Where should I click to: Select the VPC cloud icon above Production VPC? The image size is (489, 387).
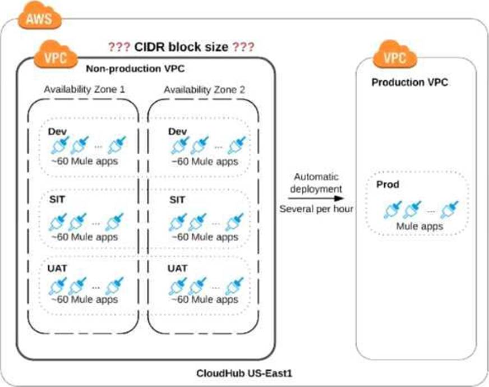point(395,57)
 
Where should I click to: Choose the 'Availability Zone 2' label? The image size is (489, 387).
point(204,89)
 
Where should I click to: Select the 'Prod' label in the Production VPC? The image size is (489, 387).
point(387,185)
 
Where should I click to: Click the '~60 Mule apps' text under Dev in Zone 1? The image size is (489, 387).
point(84,162)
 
